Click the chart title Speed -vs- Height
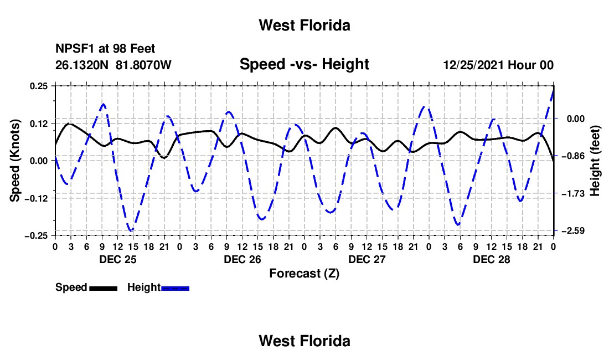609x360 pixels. click(x=304, y=64)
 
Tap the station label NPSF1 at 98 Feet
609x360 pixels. click(x=105, y=49)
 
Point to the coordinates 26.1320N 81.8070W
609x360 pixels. click(x=113, y=65)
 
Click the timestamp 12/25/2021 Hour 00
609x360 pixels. click(x=498, y=65)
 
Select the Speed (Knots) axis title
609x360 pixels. click(x=15, y=161)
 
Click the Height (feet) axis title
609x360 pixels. click(x=595, y=161)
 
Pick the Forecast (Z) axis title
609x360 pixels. click(x=304, y=274)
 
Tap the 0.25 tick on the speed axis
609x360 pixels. click(x=39, y=86)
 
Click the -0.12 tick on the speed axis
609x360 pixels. click(x=36, y=198)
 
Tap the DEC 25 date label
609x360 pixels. click(x=118, y=259)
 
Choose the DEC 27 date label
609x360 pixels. click(x=367, y=259)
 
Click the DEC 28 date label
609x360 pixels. click(x=491, y=259)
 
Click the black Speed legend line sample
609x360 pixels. click(x=104, y=288)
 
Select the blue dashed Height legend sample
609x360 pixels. click(x=175, y=288)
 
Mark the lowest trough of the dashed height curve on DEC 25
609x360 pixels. click(x=131, y=231)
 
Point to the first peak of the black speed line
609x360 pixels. click(x=69, y=124)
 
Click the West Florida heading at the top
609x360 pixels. click(x=304, y=25)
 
